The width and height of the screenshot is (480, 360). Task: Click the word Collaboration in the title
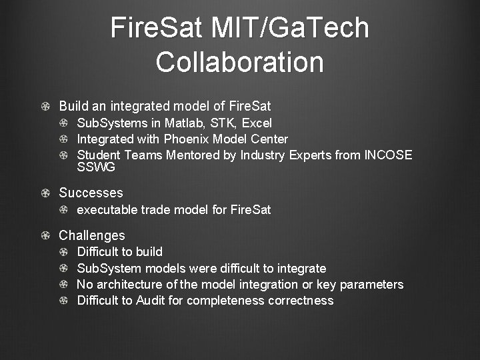[239, 62]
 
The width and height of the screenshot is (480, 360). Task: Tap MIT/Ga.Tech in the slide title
[290, 28]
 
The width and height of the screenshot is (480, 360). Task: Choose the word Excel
[257, 123]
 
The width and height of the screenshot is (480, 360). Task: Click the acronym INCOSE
[388, 155]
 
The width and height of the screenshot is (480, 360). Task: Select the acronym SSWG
[96, 168]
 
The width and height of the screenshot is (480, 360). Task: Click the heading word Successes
[91, 193]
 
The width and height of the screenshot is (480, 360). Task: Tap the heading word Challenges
[92, 235]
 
